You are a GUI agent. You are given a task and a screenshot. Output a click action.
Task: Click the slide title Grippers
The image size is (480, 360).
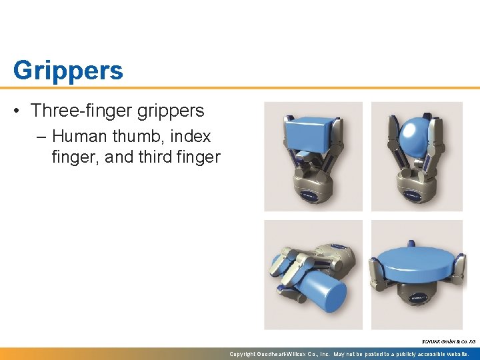coord(68,70)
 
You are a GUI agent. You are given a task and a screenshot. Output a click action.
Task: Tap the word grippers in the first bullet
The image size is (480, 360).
coord(170,110)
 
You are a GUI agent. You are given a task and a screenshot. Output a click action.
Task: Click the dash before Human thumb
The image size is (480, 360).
coord(42,137)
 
